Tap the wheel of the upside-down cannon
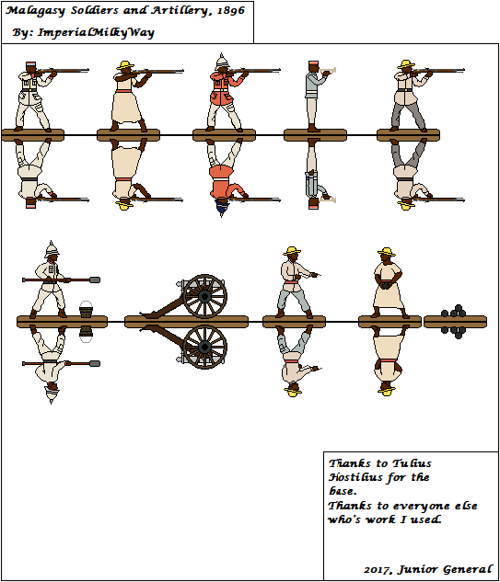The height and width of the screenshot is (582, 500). (x=204, y=347)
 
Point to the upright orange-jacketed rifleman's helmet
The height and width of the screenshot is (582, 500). (x=221, y=63)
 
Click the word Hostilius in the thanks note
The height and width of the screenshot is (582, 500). (x=355, y=478)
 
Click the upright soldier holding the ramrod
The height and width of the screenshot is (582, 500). (x=48, y=280)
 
